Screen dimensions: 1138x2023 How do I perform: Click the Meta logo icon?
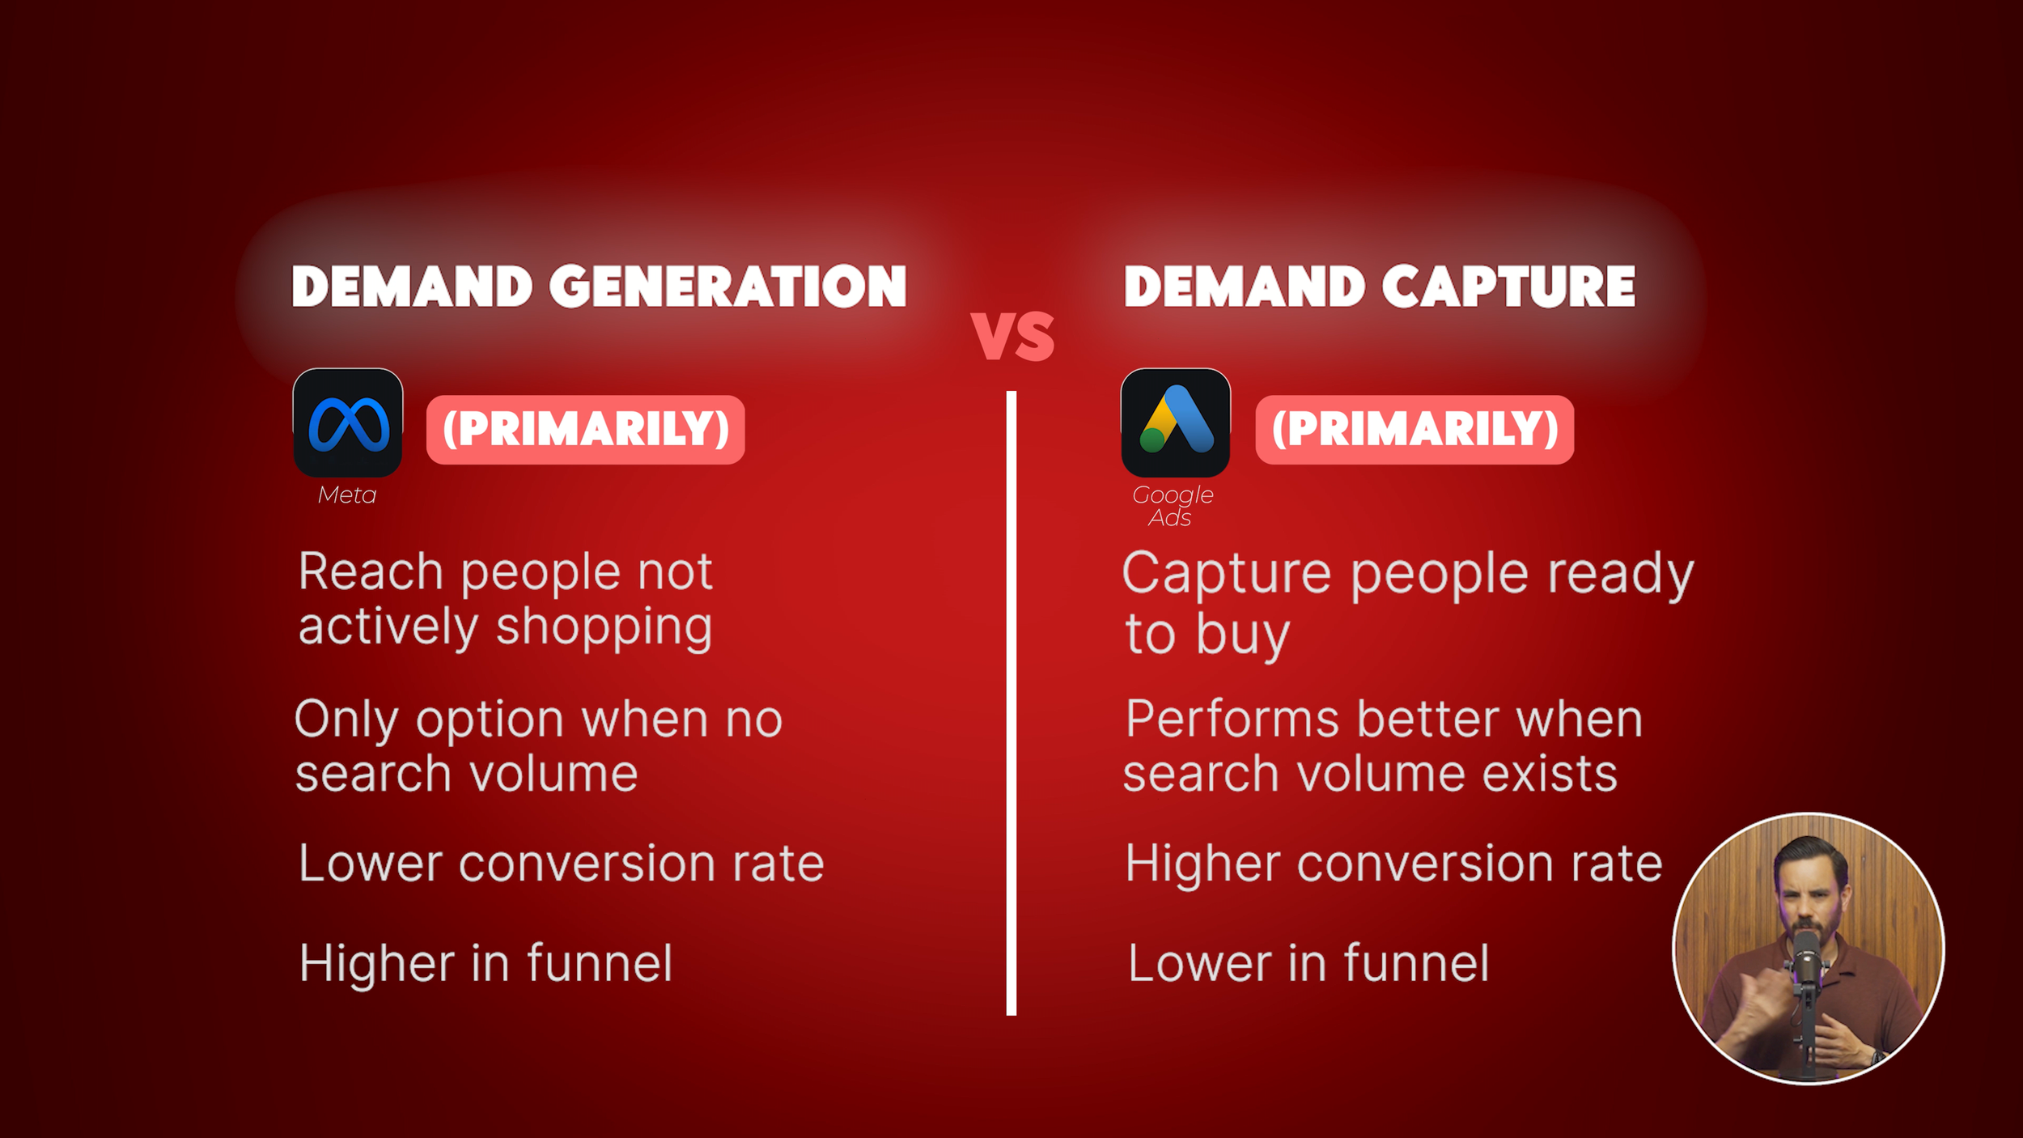click(348, 423)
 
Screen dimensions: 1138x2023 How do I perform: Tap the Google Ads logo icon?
click(1175, 423)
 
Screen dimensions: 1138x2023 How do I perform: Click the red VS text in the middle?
click(1012, 336)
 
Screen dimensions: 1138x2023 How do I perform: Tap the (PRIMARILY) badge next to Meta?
click(585, 429)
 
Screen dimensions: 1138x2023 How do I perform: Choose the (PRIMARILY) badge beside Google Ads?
click(1414, 429)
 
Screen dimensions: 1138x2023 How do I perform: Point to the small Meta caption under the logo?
click(347, 495)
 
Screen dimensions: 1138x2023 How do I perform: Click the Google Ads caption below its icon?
click(1172, 505)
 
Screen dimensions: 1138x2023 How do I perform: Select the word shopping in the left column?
click(604, 628)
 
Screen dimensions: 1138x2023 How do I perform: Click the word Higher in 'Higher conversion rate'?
click(1203, 864)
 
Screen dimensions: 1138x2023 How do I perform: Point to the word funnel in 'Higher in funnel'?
click(600, 963)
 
